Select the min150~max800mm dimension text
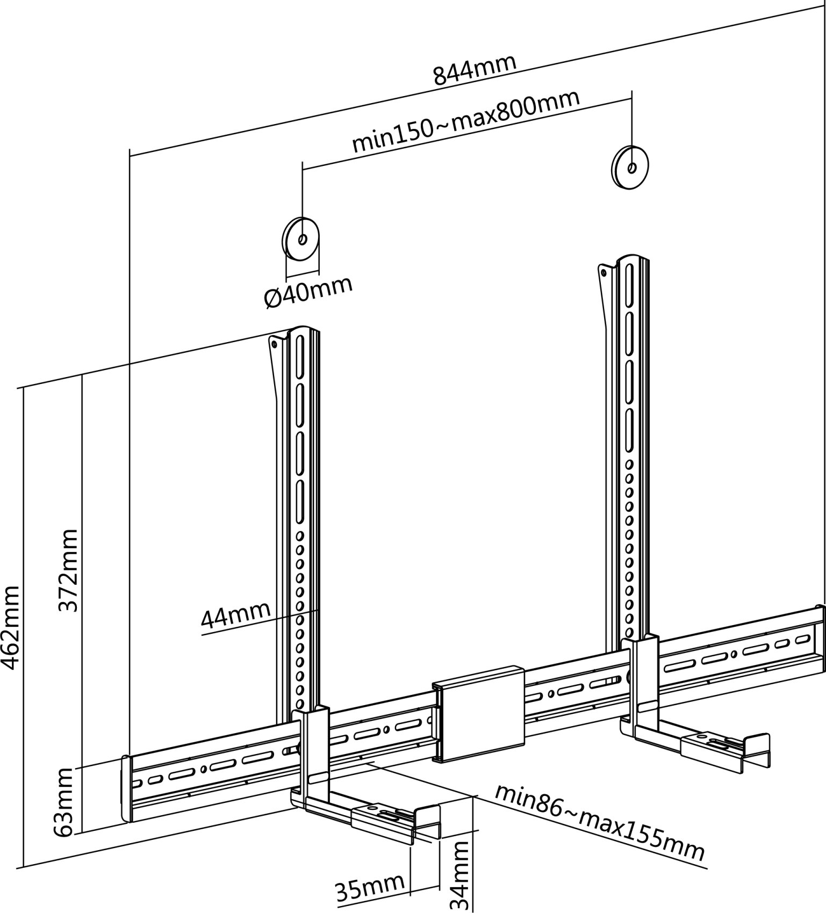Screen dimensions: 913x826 (465, 121)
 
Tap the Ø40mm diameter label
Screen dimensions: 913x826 (308, 292)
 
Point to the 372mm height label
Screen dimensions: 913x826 (68, 570)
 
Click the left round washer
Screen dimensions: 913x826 (301, 238)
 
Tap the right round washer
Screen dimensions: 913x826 (631, 166)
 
